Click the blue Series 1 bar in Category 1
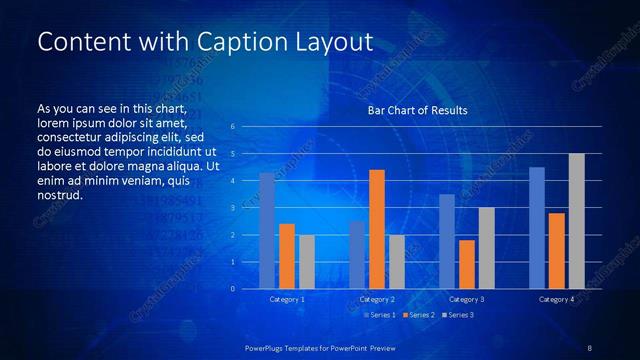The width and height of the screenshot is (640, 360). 267,231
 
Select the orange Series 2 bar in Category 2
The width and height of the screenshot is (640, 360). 377,229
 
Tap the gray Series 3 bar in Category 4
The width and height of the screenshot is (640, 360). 576,221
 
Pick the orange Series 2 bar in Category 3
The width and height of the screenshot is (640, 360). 467,264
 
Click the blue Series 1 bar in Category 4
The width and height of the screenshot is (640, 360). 537,228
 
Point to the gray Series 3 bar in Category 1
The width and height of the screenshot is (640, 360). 307,262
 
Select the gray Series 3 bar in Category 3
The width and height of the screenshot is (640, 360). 486,248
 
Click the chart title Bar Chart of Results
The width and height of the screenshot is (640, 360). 418,110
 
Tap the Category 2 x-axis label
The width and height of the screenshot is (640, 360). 377,299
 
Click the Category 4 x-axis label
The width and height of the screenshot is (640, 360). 556,299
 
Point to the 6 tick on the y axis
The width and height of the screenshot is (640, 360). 232,127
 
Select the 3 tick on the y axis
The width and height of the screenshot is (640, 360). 232,208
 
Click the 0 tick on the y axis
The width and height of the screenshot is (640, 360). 232,289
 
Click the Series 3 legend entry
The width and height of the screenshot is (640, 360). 458,315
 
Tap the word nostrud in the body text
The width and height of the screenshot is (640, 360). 59,194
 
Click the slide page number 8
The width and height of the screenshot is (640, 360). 590,347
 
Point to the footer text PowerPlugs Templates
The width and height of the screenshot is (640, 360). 290,347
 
